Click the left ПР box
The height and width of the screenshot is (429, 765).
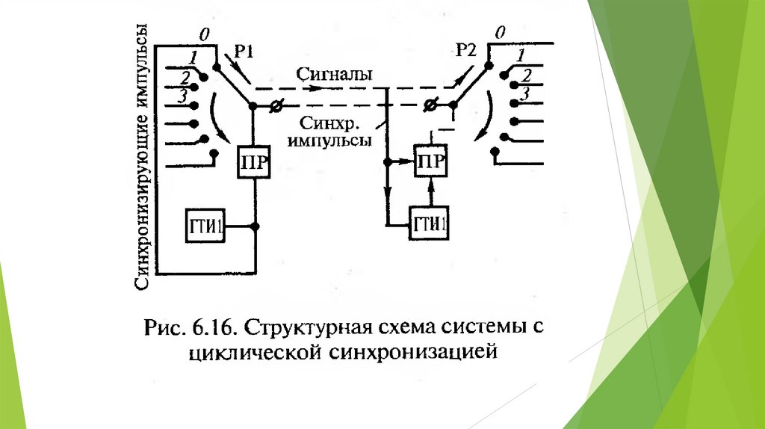(253, 161)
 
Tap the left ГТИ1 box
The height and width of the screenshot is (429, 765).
(205, 226)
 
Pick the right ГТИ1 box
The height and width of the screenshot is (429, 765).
(430, 223)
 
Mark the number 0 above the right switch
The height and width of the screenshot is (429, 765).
(501, 32)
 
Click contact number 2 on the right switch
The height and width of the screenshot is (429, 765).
(527, 75)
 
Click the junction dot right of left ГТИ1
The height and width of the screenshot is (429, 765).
(255, 226)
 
